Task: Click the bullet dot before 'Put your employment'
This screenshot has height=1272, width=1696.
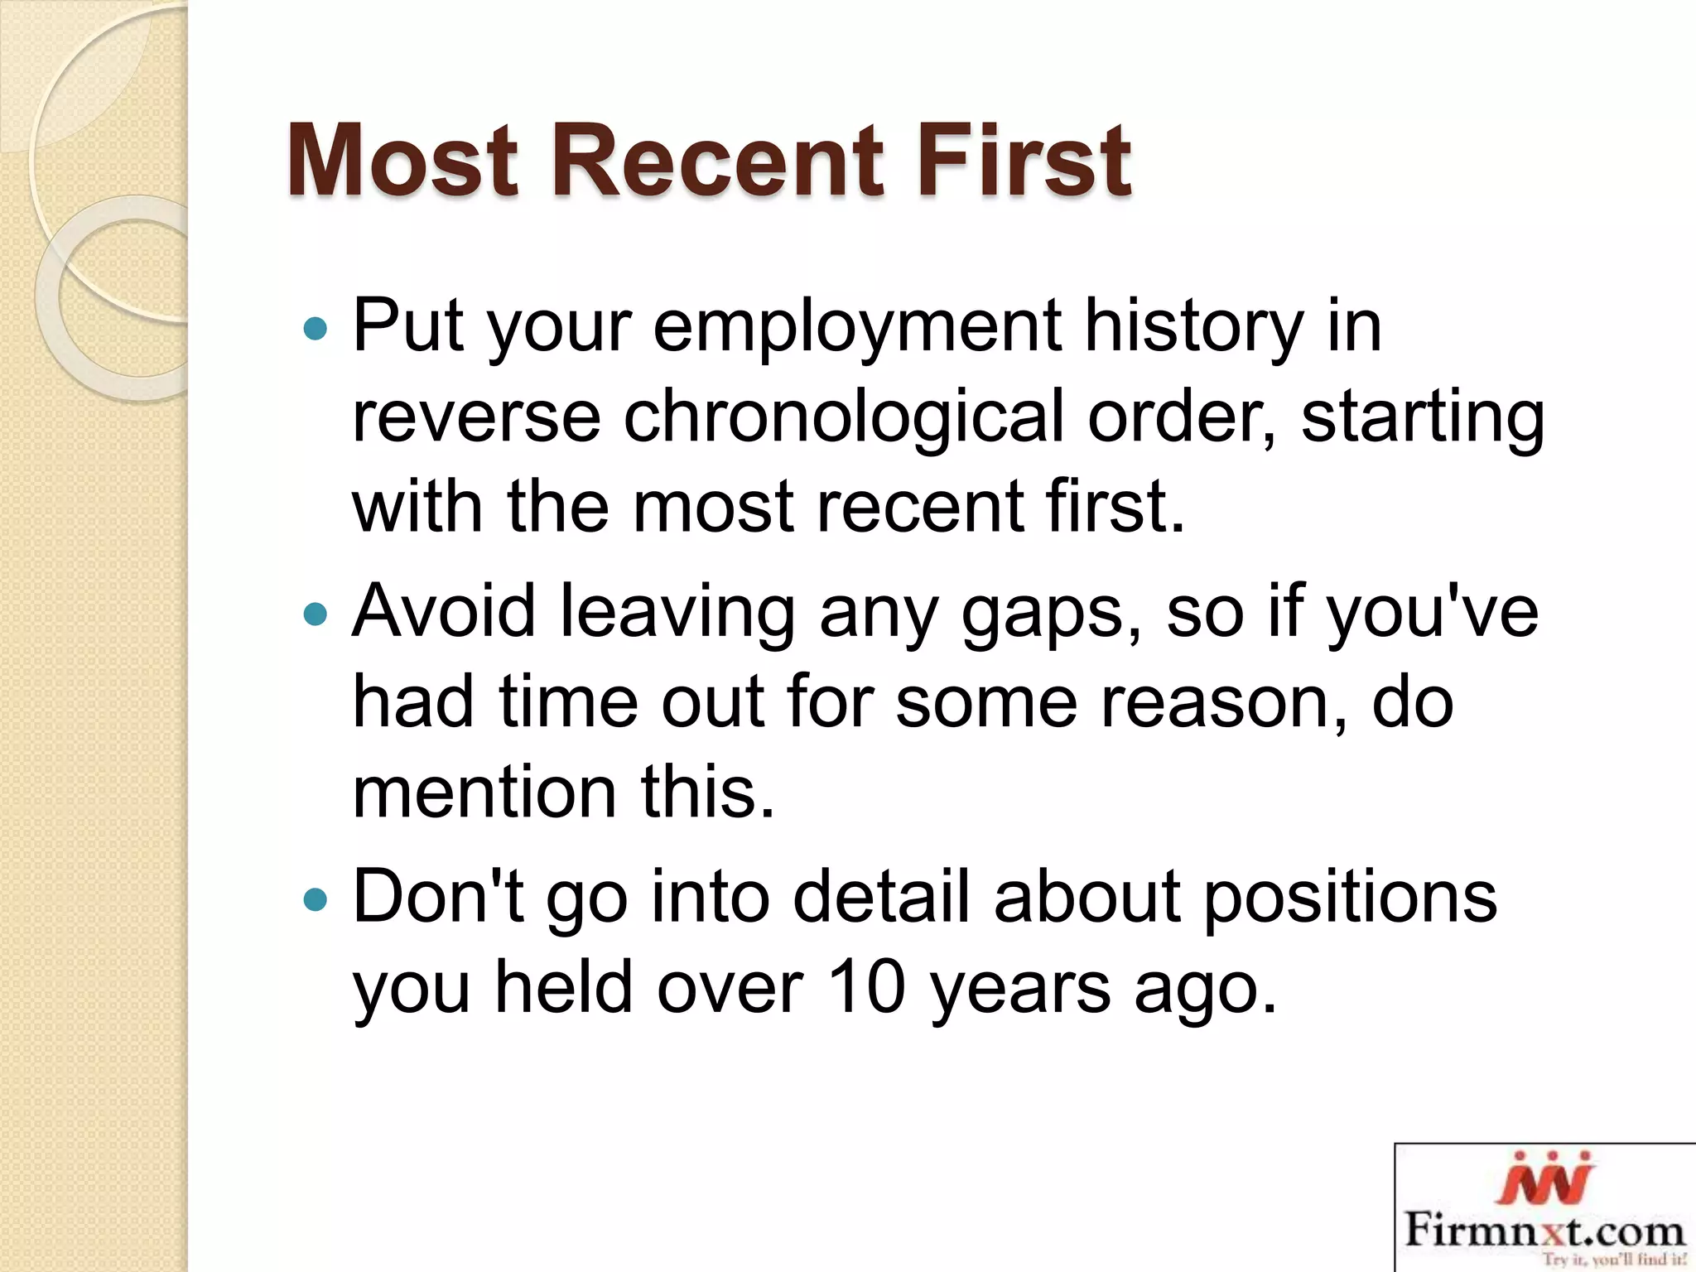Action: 316,330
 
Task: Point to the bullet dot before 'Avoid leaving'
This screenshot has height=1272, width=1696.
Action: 316,614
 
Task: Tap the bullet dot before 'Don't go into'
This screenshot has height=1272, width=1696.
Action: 316,899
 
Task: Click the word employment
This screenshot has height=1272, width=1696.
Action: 857,328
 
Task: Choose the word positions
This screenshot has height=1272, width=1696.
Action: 1350,898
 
